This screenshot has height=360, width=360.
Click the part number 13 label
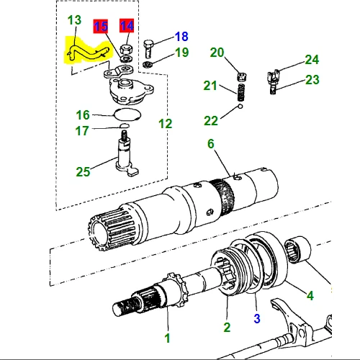pos(75,19)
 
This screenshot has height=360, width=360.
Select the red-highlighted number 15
pos(101,27)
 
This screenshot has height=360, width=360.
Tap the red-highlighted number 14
pos(127,27)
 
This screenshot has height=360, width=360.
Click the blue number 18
pos(181,36)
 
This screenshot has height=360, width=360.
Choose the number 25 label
pos(84,171)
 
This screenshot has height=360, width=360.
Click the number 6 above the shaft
pos(211,144)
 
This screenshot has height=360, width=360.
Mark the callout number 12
pos(165,123)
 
